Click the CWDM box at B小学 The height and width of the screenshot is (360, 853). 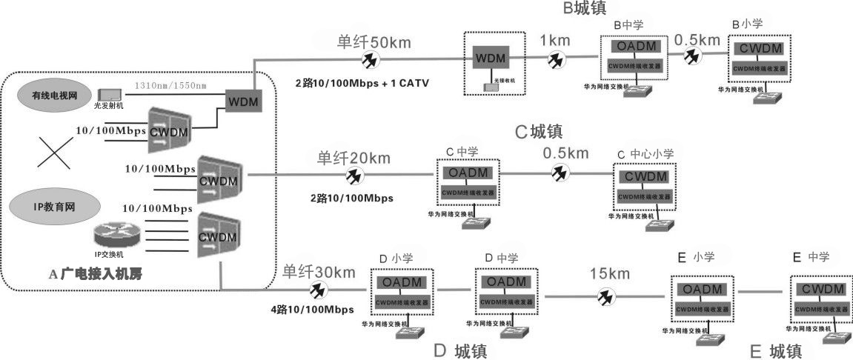(759, 50)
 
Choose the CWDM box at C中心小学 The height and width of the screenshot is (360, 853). (644, 177)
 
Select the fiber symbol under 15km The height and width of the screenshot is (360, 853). (605, 296)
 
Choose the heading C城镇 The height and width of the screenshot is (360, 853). (539, 132)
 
